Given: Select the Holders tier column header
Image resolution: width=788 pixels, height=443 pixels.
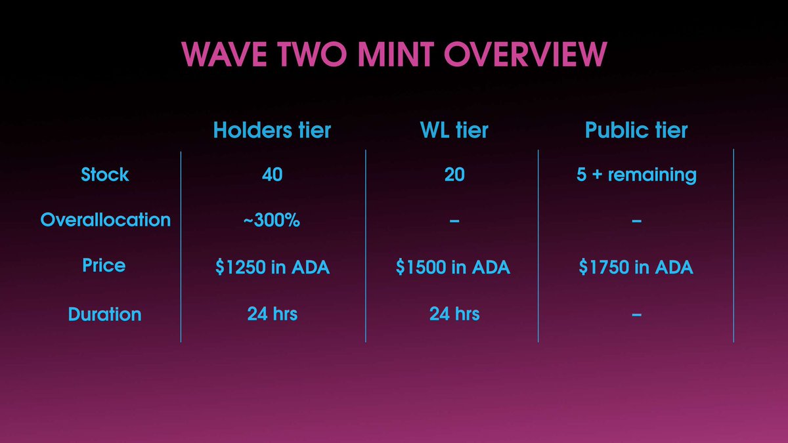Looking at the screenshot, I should coord(272,130).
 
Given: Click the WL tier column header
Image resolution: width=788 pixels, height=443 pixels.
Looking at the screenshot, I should coord(454,130).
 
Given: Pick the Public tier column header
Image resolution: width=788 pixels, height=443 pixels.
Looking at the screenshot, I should coord(636,130).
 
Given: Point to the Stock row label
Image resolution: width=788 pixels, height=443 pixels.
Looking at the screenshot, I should coord(105,175).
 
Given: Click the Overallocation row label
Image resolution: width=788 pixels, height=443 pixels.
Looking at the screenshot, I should coord(105,220).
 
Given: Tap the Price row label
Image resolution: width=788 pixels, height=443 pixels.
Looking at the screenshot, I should coord(104,266).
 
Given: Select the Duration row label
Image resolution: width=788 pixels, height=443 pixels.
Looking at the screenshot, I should coord(104,314).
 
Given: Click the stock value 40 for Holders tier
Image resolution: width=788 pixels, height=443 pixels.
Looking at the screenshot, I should coord(272,175).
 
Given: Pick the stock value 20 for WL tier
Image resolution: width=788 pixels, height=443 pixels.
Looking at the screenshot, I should coord(454,175).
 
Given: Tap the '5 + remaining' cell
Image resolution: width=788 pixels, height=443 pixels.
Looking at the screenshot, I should coord(636,175).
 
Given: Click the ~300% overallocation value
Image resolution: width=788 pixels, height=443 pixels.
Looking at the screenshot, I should coord(272,221).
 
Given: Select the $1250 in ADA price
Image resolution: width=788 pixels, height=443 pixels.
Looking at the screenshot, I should coord(272,268).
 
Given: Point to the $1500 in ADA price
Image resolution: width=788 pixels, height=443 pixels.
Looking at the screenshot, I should coord(453,268).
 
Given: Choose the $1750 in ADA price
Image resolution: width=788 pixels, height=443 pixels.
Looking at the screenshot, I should coord(636,268).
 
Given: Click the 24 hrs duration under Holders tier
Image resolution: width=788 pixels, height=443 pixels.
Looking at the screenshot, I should coord(272,314).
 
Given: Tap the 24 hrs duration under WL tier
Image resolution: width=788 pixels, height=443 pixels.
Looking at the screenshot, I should coord(454,314).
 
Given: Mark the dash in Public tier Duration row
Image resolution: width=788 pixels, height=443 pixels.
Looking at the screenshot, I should coord(636,316).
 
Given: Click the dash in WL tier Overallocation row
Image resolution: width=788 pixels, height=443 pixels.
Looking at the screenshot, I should coord(454,222).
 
